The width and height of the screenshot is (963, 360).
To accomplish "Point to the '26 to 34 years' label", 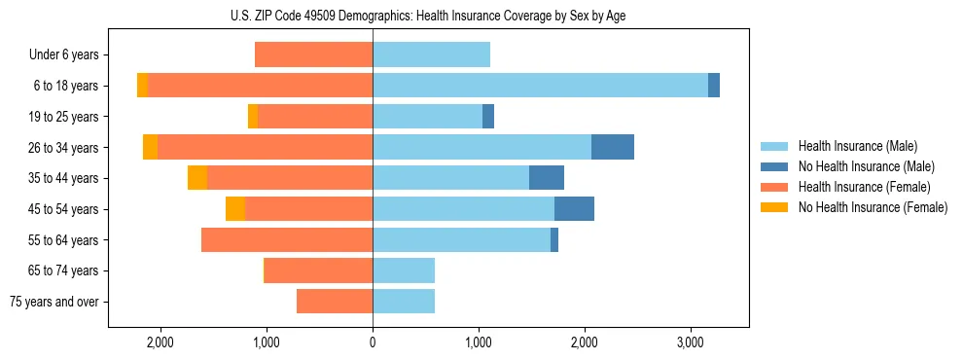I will point(63,148).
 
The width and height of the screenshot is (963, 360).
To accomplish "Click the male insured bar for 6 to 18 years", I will point(540,86).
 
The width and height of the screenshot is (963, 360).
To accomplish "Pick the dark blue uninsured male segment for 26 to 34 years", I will point(613,147).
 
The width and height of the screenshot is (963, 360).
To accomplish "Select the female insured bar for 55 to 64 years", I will point(287,239).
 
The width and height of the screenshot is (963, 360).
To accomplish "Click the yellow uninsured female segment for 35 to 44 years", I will point(197,178).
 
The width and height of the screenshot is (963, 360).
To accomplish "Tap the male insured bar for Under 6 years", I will point(431,54).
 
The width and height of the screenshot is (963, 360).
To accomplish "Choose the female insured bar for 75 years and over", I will point(335,302).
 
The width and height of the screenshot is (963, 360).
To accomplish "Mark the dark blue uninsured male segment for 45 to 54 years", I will point(574,208).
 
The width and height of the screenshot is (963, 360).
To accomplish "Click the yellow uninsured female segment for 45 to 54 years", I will point(235,208).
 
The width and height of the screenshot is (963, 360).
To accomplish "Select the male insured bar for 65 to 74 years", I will point(404,270).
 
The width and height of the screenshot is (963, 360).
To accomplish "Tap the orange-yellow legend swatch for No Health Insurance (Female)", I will point(774,207).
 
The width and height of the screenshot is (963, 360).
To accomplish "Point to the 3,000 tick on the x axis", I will point(690,342).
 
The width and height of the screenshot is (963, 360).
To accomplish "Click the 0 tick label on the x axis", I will point(373,342).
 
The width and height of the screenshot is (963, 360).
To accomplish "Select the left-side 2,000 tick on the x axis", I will point(160,342).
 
